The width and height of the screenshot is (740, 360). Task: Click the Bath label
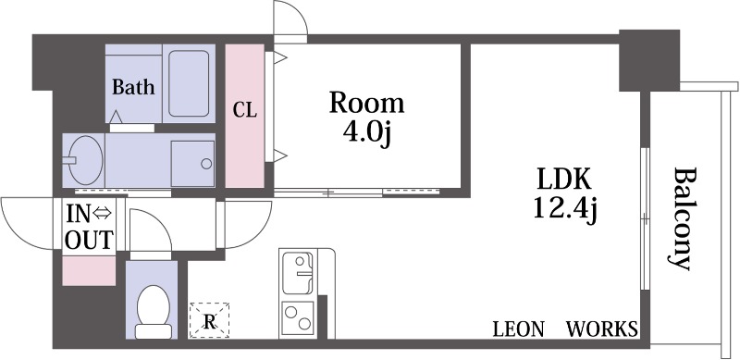[133, 87]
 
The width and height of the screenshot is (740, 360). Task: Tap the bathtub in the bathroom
[189, 83]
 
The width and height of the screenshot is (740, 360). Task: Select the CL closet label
[245, 110]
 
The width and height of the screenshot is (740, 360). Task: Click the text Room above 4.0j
[366, 104]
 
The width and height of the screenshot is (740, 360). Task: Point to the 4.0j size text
[366, 134]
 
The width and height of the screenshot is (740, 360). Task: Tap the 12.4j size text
[565, 209]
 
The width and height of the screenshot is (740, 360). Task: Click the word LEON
[518, 329]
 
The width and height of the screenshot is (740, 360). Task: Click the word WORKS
[602, 329]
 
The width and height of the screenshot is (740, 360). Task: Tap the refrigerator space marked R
[209, 320]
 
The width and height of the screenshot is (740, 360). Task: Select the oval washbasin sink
[84, 159]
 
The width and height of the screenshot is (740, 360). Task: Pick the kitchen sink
[297, 273]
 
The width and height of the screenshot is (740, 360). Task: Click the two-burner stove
[298, 317]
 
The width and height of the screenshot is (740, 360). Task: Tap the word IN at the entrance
[78, 214]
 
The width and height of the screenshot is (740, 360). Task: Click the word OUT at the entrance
[89, 240]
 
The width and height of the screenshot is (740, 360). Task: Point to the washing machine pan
[192, 163]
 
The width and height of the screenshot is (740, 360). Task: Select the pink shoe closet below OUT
[89, 271]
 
